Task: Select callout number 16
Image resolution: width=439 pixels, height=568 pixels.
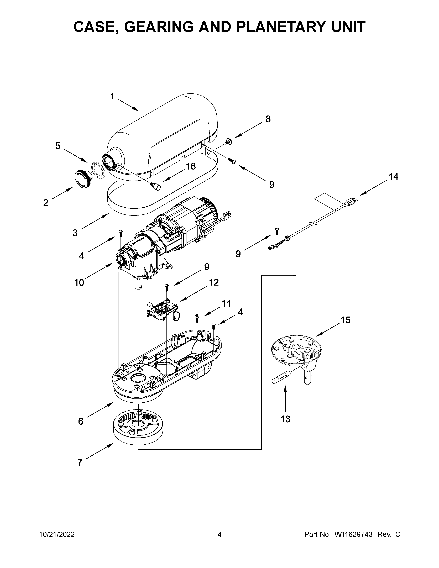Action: coord(191,166)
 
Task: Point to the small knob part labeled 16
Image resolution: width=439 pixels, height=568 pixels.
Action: coord(156,186)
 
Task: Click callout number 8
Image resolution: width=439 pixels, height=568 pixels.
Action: coord(268,119)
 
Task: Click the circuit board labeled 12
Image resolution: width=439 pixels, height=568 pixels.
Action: coord(161,308)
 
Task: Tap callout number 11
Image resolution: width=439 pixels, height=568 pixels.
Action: coord(226,303)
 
